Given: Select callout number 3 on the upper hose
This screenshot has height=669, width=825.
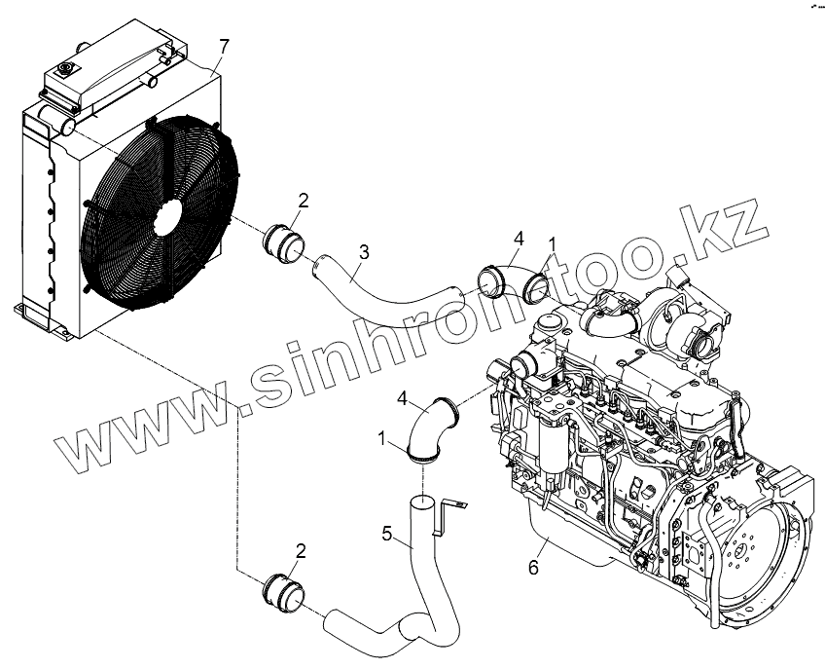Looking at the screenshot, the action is [362, 252].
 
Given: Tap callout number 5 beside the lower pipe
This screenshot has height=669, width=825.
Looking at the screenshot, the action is [387, 533].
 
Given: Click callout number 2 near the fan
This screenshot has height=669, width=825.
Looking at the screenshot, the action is [304, 202].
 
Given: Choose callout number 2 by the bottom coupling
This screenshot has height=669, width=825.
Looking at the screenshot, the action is [301, 551].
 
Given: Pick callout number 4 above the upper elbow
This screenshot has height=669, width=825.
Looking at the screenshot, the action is [519, 238].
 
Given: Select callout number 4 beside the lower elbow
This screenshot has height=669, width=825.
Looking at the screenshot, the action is [402, 397].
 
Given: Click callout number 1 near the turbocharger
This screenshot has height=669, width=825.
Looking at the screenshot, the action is [554, 242].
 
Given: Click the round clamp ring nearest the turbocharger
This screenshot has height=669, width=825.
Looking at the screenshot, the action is [535, 287].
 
